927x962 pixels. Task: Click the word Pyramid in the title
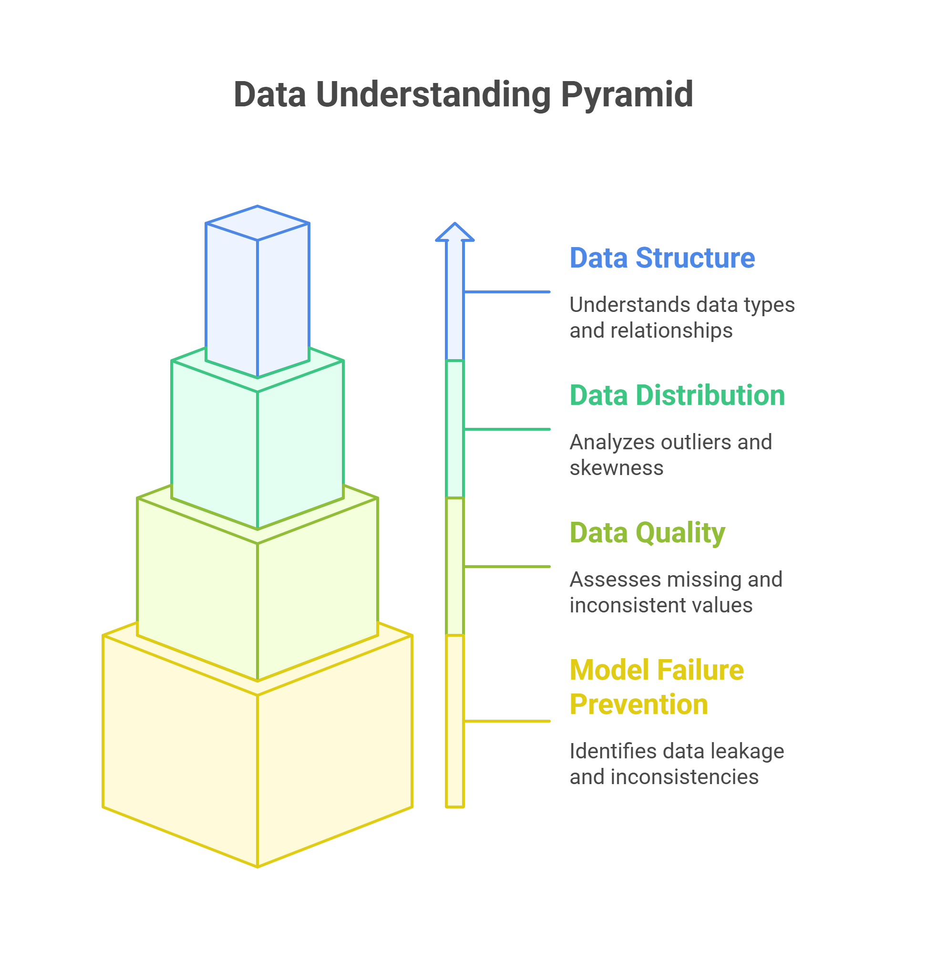[627, 94]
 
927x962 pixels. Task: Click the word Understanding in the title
[433, 94]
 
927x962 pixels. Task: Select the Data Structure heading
[661, 258]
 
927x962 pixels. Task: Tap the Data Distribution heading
[677, 395]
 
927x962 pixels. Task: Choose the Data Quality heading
[647, 533]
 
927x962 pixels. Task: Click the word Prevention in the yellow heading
[639, 705]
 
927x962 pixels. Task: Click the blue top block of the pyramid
[257, 294]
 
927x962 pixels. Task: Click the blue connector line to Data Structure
[507, 292]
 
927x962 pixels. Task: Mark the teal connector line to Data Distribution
[507, 429]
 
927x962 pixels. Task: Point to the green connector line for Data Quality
[507, 567]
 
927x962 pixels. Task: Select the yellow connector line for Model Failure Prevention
[507, 722]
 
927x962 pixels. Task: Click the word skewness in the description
[616, 468]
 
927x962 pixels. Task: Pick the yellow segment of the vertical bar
[454, 722]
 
